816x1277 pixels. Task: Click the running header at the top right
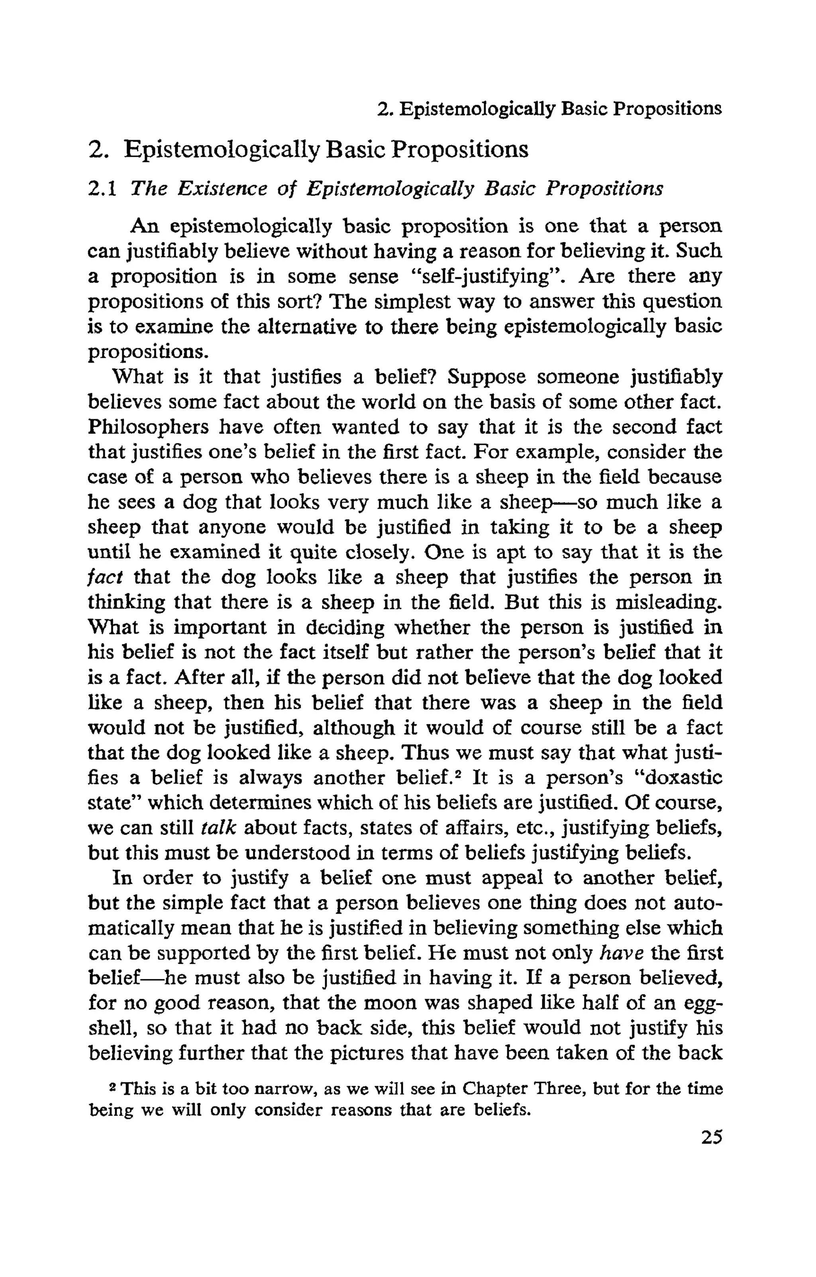pyautogui.click(x=549, y=109)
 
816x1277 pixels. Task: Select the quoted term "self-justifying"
pyautogui.click(x=487, y=276)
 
